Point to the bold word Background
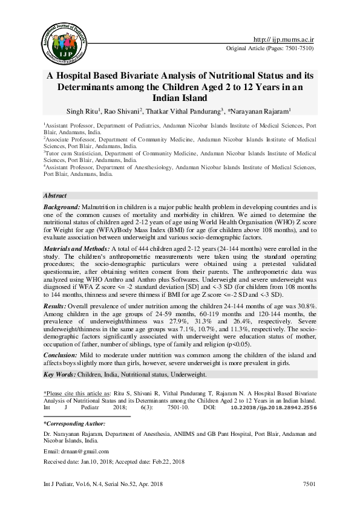coord(61,207)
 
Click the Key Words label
coord(59,375)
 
